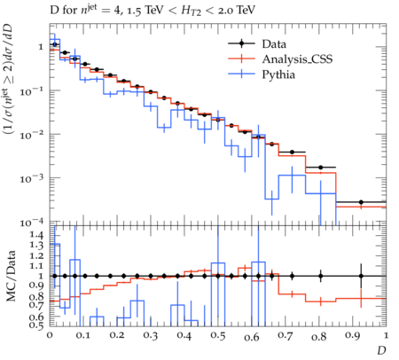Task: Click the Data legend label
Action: [274, 44]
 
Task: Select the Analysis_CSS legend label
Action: [297, 59]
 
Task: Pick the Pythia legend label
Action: [278, 74]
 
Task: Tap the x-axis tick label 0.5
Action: [218, 336]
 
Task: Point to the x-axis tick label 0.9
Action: [353, 336]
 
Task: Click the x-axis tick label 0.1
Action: [83, 336]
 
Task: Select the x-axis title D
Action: [381, 350]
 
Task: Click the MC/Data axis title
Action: [12, 276]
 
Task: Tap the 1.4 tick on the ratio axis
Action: [37, 235]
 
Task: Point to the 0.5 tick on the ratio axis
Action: [37, 325]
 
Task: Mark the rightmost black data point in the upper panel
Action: [361, 202]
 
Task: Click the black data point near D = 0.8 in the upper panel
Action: [320, 168]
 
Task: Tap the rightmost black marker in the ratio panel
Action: [361, 276]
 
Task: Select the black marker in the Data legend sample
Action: [241, 43]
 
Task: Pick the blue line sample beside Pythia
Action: [241, 74]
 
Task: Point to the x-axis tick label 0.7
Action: [286, 336]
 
